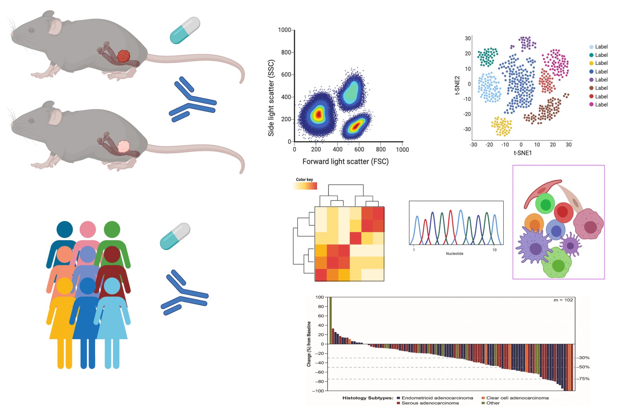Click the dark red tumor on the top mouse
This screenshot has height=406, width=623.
(x=123, y=56)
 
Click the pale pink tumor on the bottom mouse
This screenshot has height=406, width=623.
(x=123, y=146)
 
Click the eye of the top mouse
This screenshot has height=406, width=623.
(x=31, y=30)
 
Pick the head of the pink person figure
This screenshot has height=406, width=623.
(x=88, y=229)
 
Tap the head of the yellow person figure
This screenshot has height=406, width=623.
(x=65, y=286)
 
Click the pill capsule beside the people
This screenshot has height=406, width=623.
(x=175, y=236)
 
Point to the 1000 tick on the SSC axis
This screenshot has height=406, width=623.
(x=284, y=30)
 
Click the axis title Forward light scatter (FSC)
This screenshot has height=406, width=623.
(x=345, y=162)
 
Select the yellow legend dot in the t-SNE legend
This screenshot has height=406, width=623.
(x=591, y=63)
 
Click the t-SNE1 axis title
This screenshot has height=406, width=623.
(x=523, y=153)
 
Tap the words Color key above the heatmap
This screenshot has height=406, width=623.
(x=304, y=180)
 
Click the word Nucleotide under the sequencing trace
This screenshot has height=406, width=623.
(x=454, y=254)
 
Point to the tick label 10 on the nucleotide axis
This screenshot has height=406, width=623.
(x=494, y=250)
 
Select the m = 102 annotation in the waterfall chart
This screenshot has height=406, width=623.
(x=563, y=300)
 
